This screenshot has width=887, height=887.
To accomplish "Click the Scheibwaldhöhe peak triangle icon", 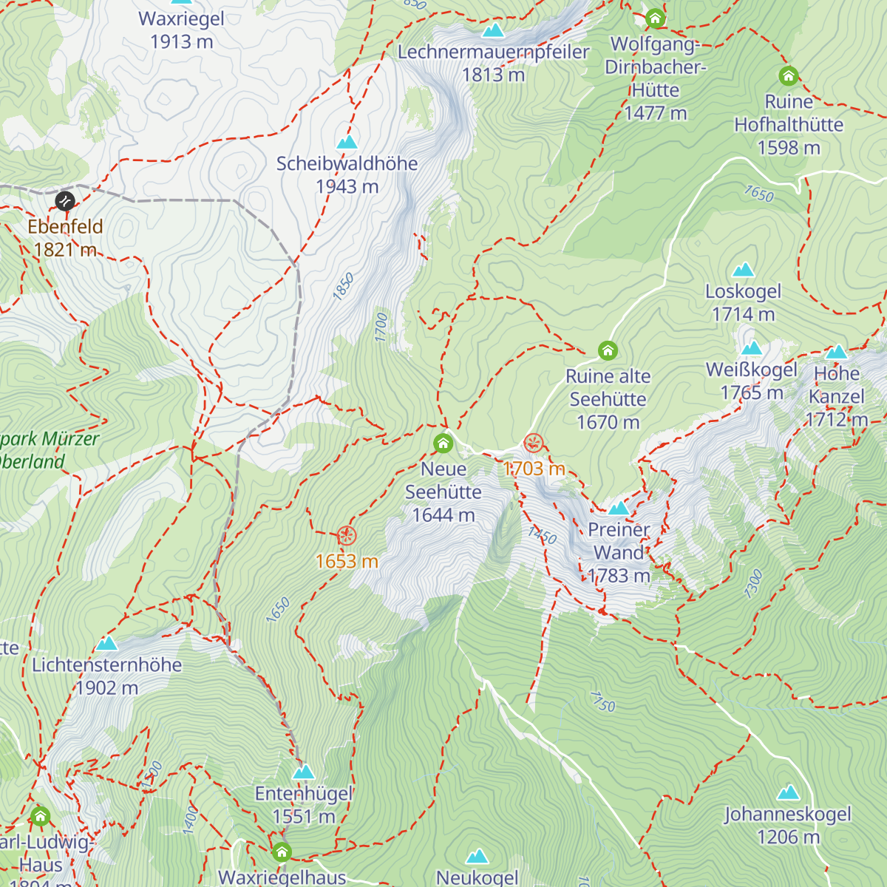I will tap(347, 142).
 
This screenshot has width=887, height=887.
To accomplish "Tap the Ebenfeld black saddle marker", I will tap(65, 201).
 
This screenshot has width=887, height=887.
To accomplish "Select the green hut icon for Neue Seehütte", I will tap(443, 443).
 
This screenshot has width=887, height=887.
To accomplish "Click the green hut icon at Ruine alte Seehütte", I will tap(608, 350).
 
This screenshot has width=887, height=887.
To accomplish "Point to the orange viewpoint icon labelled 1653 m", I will tap(347, 536).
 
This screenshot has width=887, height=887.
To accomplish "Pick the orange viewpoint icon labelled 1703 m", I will tap(534, 443).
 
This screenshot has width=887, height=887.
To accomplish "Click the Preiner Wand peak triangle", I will tap(619, 508).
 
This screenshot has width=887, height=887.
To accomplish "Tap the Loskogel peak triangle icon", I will tap(743, 270).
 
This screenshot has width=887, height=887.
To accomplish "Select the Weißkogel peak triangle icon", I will tap(752, 348).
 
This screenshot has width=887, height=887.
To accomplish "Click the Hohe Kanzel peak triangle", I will tap(836, 352).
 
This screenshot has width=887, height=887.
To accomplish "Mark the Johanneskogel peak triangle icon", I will tap(788, 793).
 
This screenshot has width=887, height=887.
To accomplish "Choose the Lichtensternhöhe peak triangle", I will tap(107, 644).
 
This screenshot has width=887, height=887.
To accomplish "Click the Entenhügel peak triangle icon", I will tap(303, 772).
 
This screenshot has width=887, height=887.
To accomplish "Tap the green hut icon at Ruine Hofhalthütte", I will tap(789, 75).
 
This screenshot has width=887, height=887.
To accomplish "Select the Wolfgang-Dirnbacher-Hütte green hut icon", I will tap(655, 18).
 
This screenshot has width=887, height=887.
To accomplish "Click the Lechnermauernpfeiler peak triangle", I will tap(493, 30).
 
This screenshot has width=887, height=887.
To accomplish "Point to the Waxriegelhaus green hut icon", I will tap(282, 852).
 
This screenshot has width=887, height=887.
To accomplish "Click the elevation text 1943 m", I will tap(347, 187).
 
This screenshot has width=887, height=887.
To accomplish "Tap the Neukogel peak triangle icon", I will tap(477, 857).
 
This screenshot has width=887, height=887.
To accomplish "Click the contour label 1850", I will tap(343, 287).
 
